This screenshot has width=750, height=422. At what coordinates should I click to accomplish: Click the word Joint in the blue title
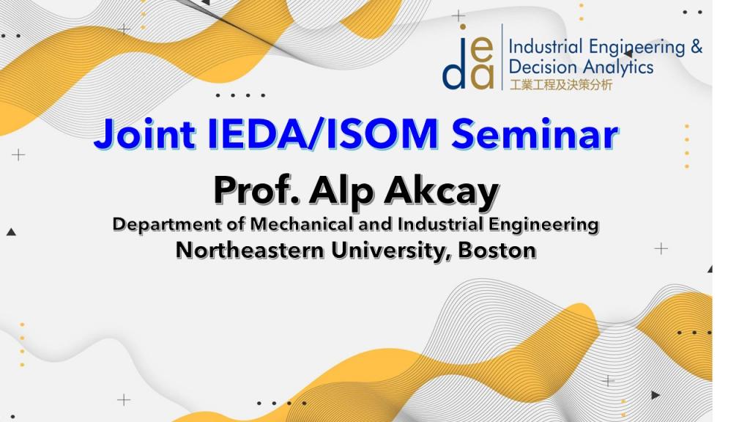(144, 135)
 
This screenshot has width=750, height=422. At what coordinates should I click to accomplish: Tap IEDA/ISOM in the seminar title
(323, 133)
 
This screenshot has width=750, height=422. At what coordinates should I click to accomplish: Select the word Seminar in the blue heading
(535, 133)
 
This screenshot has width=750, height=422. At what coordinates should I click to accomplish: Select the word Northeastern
(250, 251)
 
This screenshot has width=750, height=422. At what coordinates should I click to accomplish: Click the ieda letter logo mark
(468, 57)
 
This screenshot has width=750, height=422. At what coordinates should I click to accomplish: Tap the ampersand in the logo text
(697, 47)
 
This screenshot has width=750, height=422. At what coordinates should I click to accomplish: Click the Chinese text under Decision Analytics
(560, 85)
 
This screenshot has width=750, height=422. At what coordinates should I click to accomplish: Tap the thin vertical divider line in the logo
(502, 56)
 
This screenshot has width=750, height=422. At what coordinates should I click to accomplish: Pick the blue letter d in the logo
(454, 72)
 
